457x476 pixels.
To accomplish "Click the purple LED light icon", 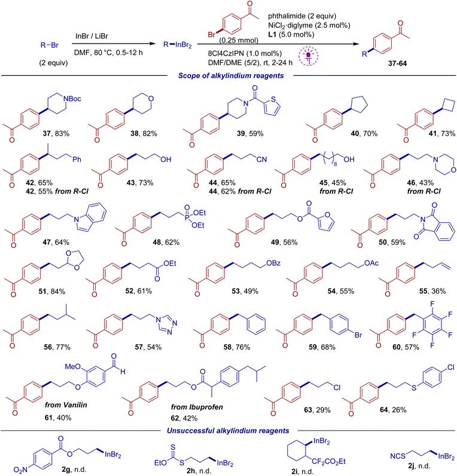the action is click(308, 56).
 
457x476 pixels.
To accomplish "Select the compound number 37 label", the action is click(47, 134).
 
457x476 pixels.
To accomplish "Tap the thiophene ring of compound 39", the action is click(272, 106).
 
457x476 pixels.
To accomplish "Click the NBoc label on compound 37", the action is click(72, 99).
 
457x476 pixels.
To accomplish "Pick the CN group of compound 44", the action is click(261, 159).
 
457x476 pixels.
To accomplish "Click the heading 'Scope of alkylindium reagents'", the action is click(231, 76).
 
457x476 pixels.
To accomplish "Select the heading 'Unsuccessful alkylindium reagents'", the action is click(228, 431).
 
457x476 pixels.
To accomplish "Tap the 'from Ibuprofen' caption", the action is click(197, 407).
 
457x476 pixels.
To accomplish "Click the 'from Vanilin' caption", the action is click(66, 405).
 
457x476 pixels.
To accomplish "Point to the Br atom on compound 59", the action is click(358, 335).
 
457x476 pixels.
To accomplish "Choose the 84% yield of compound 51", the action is click(58, 291).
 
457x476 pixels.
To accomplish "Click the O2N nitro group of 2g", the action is click(20, 470).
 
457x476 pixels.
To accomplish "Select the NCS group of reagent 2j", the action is click(398, 456).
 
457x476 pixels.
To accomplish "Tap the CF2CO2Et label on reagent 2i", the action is click(329, 462).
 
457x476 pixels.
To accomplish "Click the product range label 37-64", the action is click(397, 63).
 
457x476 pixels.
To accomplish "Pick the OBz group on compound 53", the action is click(273, 263).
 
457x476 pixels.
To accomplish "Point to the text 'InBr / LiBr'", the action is click(92, 36).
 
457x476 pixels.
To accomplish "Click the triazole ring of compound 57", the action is click(167, 324).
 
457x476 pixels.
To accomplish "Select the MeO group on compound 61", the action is click(72, 367).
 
